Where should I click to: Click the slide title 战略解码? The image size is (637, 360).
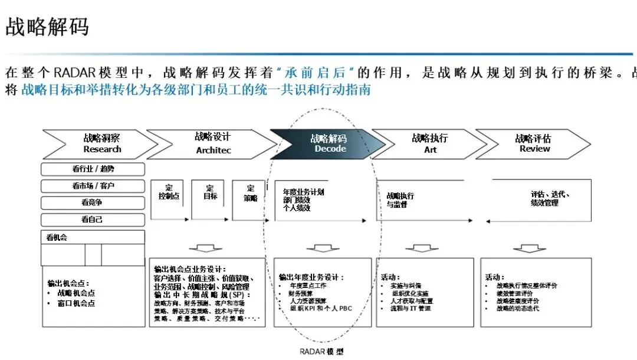pos(47,27)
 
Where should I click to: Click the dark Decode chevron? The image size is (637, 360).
pos(327,143)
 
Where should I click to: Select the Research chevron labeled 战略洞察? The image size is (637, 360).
pos(101,143)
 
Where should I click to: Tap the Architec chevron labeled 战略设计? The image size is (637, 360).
pos(213,143)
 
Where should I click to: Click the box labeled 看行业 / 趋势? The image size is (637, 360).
pos(93,169)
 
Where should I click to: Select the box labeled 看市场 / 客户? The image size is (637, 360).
pos(93,186)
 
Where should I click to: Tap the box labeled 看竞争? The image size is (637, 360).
pos(93,203)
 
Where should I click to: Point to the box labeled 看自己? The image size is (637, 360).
pos(93,220)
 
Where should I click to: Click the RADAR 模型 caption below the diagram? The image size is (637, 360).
pos(321,351)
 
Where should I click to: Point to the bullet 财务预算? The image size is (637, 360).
pos(301,293)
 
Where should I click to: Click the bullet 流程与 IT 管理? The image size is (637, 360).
pos(411,309)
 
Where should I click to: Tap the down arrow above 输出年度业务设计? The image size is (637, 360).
pos(323,248)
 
